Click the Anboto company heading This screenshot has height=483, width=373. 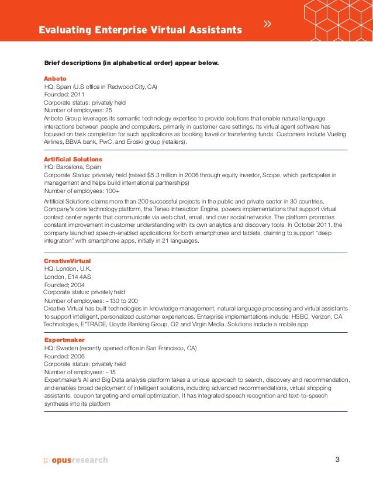(56, 78)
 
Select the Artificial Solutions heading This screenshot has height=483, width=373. (73, 159)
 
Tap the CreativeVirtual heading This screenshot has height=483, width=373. (68, 260)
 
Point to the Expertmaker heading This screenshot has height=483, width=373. (65, 340)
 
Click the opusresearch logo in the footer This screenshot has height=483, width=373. (76, 460)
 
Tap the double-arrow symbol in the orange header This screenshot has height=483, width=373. (268, 25)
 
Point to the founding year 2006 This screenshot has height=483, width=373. (77, 356)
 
